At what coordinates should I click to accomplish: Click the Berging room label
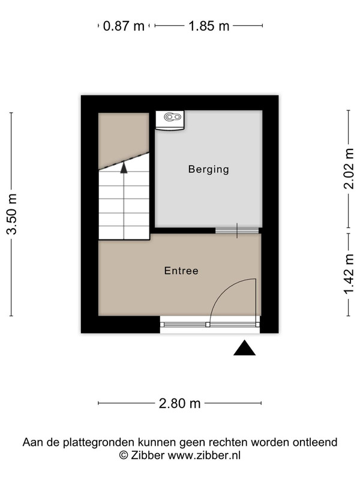click(208, 169)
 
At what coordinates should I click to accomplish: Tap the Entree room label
click(181, 271)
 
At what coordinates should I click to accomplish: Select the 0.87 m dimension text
click(124, 26)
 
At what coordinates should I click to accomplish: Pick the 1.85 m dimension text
click(209, 26)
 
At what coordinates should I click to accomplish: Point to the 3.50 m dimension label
click(11, 214)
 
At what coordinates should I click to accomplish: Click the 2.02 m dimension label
click(349, 169)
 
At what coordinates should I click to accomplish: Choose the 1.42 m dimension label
click(349, 274)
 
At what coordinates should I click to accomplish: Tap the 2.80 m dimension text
click(179, 403)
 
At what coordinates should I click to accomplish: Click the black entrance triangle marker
click(245, 348)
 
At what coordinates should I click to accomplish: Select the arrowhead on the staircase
click(124, 168)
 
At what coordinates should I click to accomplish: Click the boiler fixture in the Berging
click(170, 120)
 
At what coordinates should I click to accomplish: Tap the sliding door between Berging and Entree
click(237, 231)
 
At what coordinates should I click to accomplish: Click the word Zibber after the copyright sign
click(148, 455)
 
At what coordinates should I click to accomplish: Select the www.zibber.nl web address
click(204, 455)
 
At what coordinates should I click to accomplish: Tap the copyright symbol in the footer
click(124, 455)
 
